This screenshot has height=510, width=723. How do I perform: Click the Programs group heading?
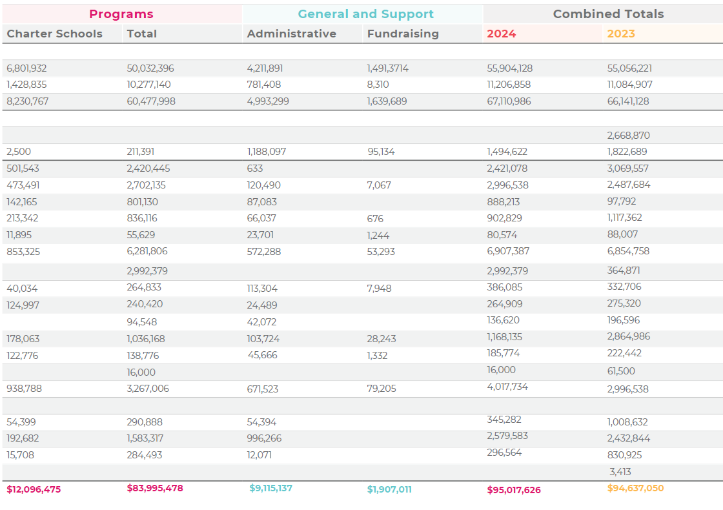coord(121,14)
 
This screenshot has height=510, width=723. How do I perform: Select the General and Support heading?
coord(365,14)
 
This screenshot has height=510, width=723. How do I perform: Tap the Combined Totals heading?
coord(608,14)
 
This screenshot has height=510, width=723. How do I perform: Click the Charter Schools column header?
coord(54,34)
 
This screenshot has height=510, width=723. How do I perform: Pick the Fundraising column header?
coord(403,34)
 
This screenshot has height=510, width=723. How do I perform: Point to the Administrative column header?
coord(292,34)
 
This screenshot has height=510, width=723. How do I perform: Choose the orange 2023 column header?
coord(621,34)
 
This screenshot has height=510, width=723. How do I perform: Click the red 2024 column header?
coord(502,34)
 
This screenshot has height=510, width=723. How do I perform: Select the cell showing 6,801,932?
coord(26,68)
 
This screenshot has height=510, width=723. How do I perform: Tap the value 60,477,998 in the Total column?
coord(151,101)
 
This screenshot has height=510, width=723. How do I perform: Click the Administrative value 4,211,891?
coord(265,68)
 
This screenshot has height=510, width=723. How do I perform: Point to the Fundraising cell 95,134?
coord(381,152)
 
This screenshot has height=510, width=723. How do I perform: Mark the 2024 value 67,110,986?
coord(509,101)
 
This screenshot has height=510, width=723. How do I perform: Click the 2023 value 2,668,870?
coord(629,136)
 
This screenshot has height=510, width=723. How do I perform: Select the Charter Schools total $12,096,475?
coord(34,489)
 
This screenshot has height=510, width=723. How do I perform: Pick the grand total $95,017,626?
coord(514,490)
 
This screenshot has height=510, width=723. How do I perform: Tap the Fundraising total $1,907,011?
coord(389,489)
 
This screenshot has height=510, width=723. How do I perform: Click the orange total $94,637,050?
coord(635,488)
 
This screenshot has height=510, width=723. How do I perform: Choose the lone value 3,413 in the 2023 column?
coord(620,472)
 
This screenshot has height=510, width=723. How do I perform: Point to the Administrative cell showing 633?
coord(255,168)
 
